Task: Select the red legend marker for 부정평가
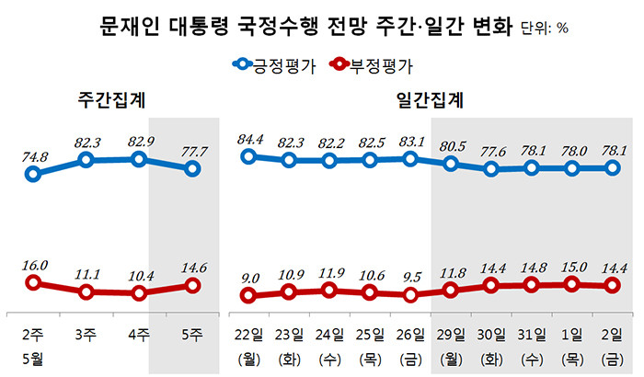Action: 339,65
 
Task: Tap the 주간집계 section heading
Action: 114,98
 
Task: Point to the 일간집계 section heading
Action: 430,98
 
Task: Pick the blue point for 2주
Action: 33,173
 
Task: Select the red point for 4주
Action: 140,293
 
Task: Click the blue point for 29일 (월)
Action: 451,164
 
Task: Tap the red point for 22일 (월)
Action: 247,295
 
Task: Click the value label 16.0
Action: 33,266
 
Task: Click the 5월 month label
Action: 33,356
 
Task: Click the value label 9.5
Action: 410,277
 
